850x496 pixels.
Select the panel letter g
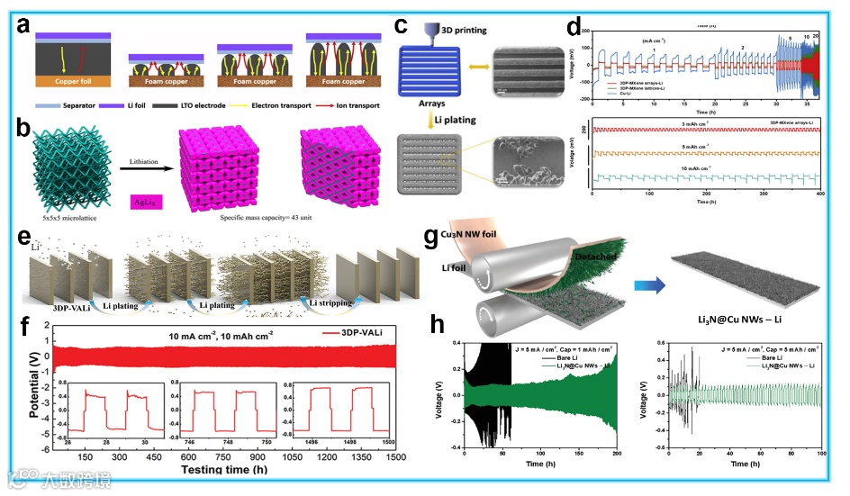pyautogui.click(x=435, y=239)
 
